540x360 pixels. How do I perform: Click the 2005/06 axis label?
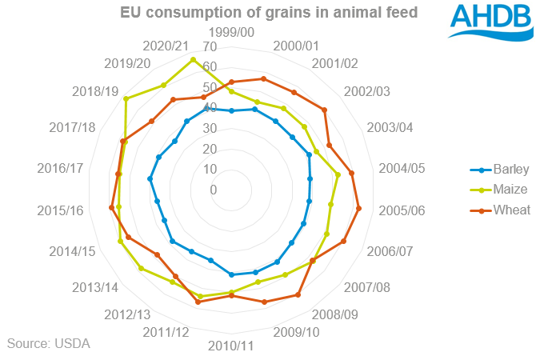coord(398,210)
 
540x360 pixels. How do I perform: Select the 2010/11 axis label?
coord(231,346)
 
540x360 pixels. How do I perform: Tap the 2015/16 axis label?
coord(61,210)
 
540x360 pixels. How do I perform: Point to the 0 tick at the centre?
coord(214,190)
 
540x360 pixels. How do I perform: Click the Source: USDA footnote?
coord(49,343)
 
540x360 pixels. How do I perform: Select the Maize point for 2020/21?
coord(193,60)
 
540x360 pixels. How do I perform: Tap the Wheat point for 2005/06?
coord(359,209)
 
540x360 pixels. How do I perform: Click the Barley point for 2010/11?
coord(231,274)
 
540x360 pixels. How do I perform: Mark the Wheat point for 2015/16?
coord(111,208)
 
